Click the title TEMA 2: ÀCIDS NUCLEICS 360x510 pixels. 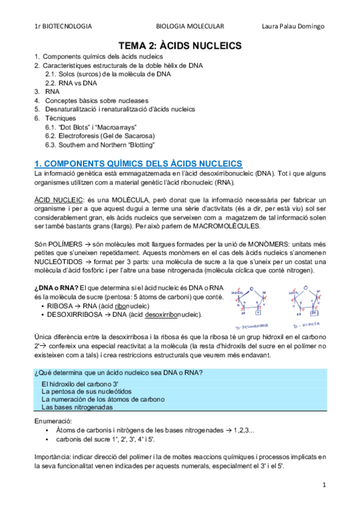(179, 45)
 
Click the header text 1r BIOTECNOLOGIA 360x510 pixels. (63, 26)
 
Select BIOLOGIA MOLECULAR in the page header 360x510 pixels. (189, 26)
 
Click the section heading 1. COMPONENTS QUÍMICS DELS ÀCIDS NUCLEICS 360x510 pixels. (139, 164)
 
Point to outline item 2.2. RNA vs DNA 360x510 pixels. (72, 82)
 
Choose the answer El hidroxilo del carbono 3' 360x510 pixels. (79, 383)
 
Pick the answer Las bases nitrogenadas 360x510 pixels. (78, 407)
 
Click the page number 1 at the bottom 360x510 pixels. (324, 484)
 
